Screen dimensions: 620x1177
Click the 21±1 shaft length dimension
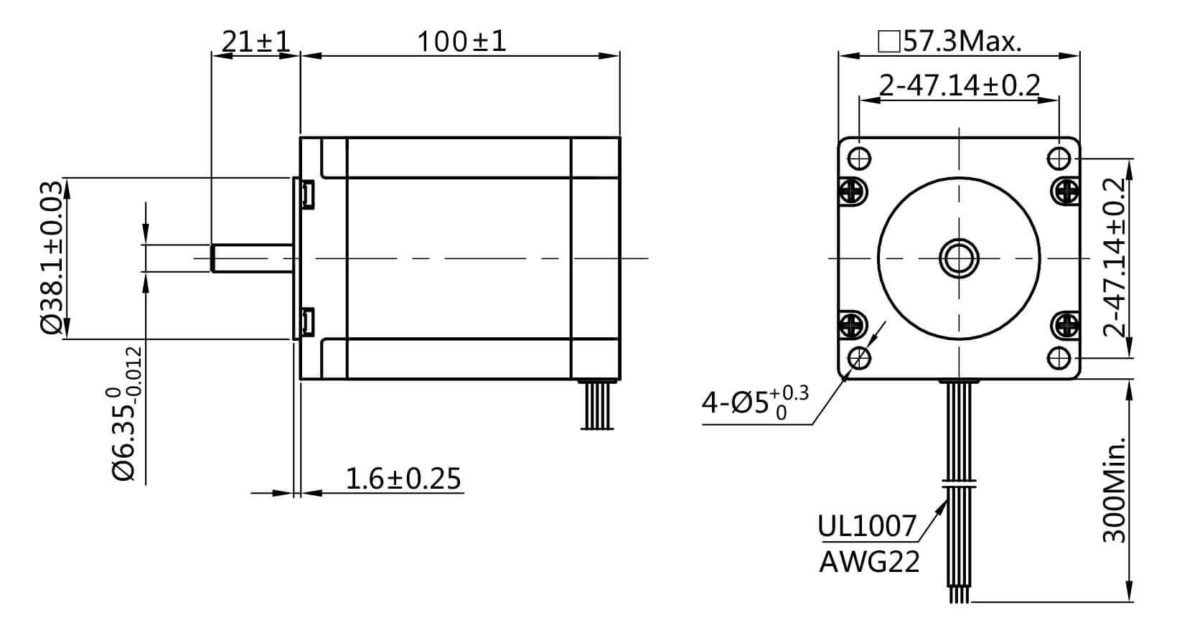(x=255, y=42)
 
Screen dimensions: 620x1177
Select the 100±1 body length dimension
(x=461, y=42)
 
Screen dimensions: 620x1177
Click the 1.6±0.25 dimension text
(x=403, y=479)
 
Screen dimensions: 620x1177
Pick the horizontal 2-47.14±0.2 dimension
(x=960, y=85)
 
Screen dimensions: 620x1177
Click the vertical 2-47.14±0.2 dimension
(x=1115, y=257)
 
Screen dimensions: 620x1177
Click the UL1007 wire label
(x=867, y=526)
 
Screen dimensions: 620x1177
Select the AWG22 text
(x=869, y=562)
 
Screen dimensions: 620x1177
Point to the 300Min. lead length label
(x=1113, y=488)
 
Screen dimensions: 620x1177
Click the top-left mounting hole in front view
(x=860, y=157)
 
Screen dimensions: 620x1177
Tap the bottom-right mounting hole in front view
(x=1060, y=357)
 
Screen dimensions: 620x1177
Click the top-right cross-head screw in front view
(x=1066, y=190)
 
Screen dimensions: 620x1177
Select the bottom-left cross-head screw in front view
(x=853, y=324)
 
